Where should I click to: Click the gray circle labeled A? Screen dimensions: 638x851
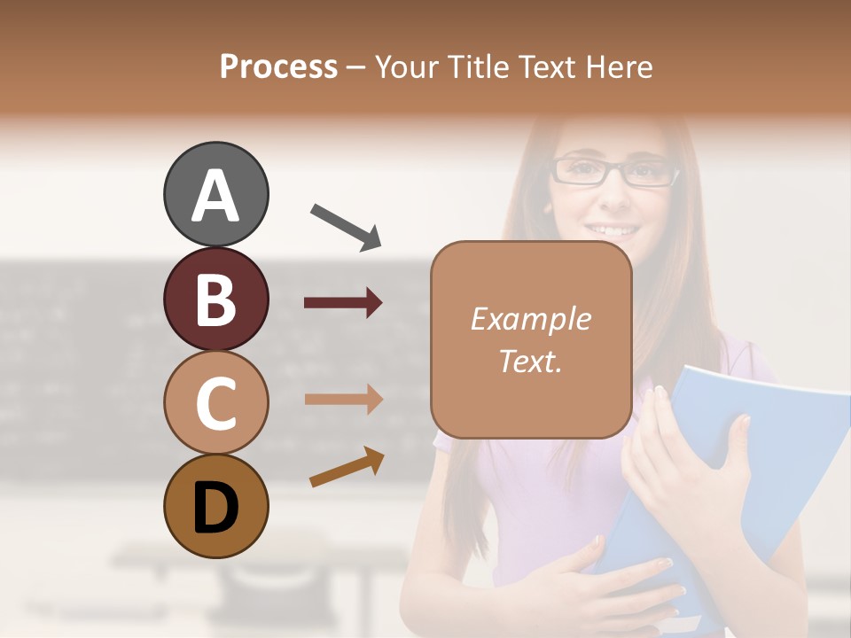(x=215, y=194)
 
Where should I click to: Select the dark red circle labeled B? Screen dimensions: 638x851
(x=215, y=299)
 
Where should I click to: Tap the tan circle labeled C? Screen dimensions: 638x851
(x=215, y=403)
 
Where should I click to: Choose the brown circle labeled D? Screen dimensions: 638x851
(x=215, y=507)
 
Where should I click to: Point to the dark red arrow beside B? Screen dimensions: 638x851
(x=343, y=303)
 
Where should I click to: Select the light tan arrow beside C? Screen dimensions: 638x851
(x=343, y=399)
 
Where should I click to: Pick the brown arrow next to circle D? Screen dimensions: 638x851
(x=347, y=467)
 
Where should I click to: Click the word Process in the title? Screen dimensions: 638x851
(x=278, y=67)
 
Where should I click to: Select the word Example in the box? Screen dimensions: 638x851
(x=530, y=319)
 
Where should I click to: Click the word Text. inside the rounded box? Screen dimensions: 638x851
(x=530, y=361)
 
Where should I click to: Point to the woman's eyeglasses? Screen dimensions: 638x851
(x=615, y=170)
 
